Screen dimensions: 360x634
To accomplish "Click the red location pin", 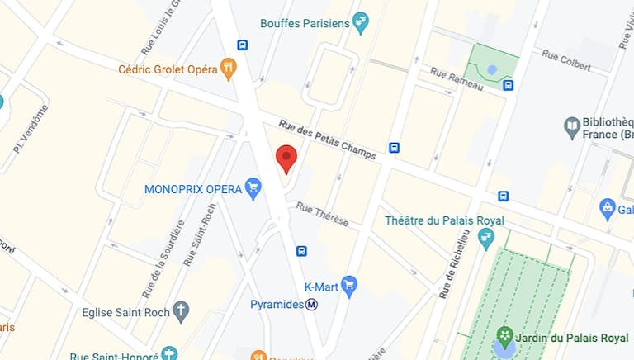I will (x=286, y=158).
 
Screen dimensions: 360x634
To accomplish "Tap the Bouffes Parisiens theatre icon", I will (x=360, y=22).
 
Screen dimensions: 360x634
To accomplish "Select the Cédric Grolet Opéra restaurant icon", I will (x=229, y=69).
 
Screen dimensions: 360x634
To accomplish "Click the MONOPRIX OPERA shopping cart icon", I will (x=253, y=189).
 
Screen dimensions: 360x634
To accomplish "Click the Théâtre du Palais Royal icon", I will (x=486, y=239).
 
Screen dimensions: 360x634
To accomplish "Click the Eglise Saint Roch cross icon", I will (x=181, y=312).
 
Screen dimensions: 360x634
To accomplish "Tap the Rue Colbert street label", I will (x=565, y=59).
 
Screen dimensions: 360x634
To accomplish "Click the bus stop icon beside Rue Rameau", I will (x=508, y=84).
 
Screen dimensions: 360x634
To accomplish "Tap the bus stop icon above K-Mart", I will (x=302, y=251).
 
